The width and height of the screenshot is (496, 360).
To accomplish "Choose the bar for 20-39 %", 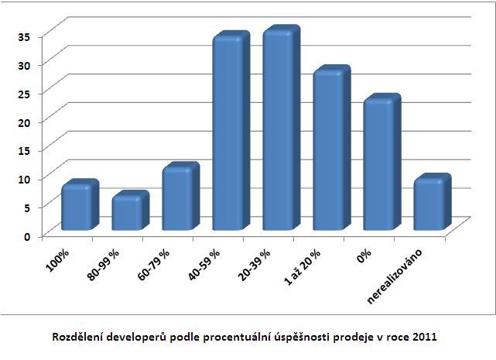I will [x=278, y=130].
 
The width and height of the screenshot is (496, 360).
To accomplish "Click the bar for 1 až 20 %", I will [x=329, y=150].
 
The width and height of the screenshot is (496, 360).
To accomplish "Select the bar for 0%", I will [x=379, y=164].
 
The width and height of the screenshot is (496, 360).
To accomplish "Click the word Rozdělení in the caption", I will [x=78, y=338].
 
